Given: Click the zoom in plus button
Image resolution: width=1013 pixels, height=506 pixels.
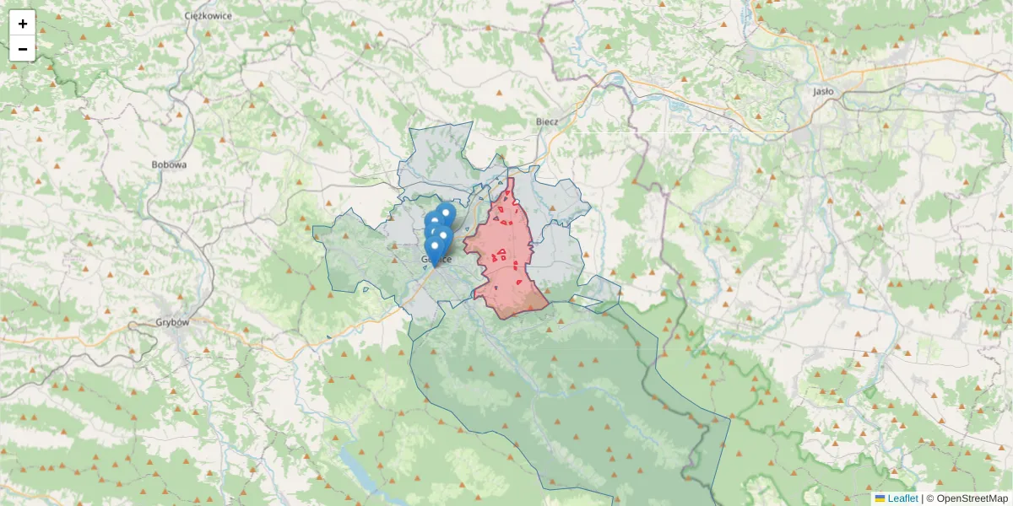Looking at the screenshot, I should coord(23,24).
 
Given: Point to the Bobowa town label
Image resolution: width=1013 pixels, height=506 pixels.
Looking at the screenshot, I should coord(169,164).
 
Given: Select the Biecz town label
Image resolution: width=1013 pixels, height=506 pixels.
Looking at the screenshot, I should coord(547,121).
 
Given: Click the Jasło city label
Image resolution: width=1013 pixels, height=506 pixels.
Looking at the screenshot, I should coord(822,91).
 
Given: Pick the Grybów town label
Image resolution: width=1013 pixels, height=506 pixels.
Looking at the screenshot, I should coord(173,322).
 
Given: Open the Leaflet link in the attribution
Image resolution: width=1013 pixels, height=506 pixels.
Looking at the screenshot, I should coord(902,498).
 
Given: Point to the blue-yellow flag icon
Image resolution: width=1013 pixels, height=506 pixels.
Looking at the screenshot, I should coord(880,498).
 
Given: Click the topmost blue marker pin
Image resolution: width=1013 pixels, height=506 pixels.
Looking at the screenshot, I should coord(446,214).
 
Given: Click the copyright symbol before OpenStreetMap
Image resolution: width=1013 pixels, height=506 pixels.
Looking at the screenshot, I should coord(930,498).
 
